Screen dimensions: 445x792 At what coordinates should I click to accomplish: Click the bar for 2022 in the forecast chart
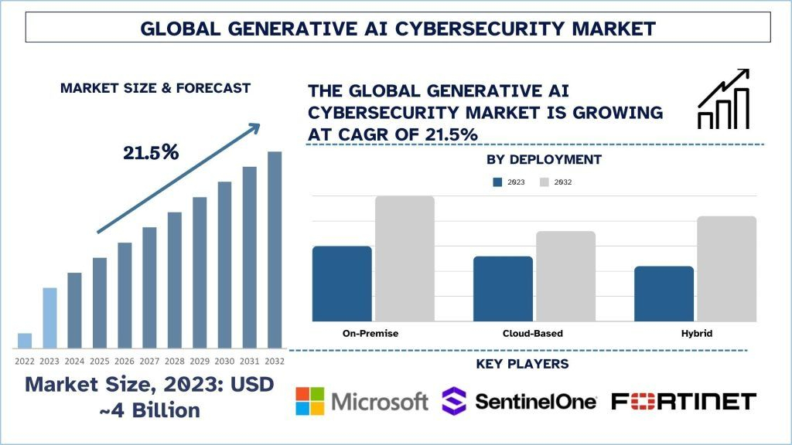pos(25,341)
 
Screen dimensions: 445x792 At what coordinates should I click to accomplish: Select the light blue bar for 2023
pos(49,318)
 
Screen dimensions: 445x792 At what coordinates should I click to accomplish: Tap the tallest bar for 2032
pos(275,250)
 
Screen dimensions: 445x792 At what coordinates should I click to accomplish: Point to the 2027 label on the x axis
pos(149,361)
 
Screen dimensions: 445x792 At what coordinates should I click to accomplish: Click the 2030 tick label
pos(224,361)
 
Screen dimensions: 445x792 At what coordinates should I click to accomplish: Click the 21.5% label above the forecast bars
pos(151,152)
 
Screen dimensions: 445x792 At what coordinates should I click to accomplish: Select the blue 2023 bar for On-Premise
pos(342,284)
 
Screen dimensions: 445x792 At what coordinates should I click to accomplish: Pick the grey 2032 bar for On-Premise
pos(405,259)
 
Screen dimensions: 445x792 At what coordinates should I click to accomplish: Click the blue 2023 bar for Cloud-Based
pos(503,288)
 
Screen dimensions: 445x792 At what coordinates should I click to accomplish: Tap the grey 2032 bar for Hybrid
pos(726,269)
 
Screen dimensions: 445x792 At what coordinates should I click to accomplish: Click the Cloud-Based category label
pos(527,334)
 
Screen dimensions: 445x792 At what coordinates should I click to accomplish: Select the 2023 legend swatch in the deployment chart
pos(498,182)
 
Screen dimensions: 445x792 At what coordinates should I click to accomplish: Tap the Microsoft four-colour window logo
pos(310,401)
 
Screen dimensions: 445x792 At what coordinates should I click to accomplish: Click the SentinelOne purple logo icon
pos(453,401)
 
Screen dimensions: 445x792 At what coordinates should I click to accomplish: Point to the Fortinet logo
pos(683,401)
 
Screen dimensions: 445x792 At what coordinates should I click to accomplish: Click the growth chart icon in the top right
pos(723,99)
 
